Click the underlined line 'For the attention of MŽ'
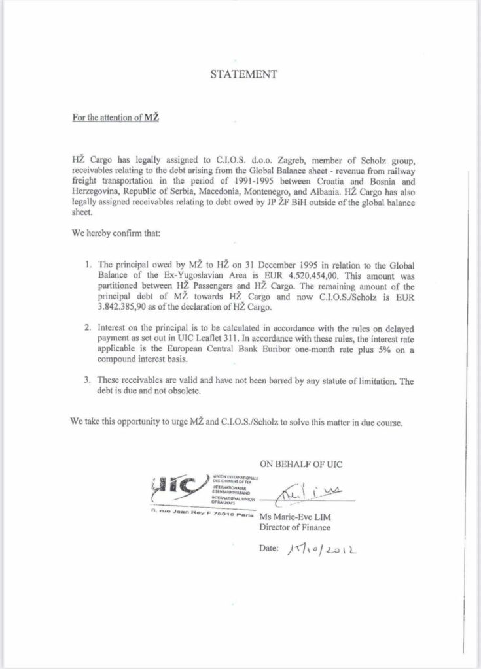click(116, 121)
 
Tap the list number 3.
click(88, 380)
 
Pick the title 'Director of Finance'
click(295, 527)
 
